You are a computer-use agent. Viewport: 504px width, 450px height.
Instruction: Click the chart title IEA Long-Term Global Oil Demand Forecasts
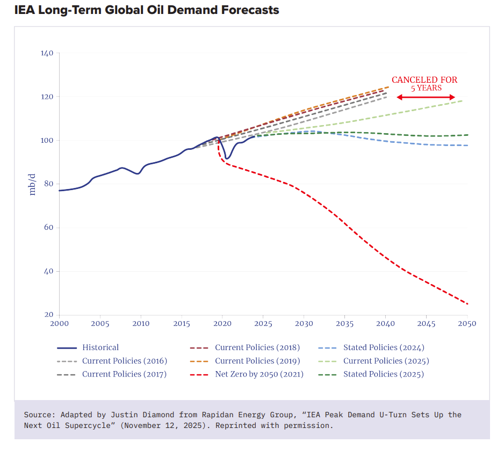147,10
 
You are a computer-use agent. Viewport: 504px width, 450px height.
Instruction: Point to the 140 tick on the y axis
47,53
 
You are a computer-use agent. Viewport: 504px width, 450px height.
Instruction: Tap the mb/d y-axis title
32,184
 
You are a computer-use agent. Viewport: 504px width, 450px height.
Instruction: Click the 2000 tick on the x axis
59,324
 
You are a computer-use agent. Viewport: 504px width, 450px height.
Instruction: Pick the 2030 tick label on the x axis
304,324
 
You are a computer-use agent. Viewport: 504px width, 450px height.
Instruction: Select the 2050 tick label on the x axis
467,324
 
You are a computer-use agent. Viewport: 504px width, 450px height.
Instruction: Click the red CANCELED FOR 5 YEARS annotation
424,84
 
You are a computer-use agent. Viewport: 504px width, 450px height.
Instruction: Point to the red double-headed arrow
426,97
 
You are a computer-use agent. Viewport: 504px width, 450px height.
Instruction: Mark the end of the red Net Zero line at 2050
467,304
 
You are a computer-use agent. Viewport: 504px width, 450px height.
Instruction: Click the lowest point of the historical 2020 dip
227,159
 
